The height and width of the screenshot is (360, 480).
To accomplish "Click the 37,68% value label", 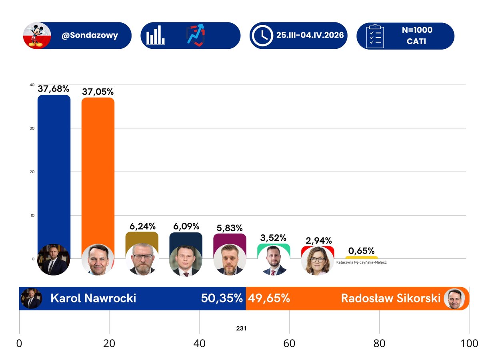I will point(54,89).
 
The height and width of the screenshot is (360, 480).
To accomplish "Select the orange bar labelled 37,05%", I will point(98,168).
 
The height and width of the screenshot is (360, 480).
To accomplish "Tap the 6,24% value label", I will point(142,226).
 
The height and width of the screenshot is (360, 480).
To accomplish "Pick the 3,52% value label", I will point(274,238).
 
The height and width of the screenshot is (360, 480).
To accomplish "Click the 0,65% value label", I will point(362,251).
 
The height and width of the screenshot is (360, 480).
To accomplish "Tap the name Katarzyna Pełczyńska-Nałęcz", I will point(362,262).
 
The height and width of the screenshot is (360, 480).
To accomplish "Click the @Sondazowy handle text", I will point(90,36).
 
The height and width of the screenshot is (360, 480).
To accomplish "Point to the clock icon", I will point(262,36).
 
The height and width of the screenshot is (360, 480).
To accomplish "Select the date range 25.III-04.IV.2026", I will point(310,36).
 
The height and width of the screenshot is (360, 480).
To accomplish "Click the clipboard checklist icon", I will point(375,36).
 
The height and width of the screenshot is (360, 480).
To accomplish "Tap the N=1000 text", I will point(417,30).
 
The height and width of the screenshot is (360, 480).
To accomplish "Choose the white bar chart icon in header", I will point(156,36).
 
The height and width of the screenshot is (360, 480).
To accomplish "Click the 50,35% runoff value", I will point(222,298).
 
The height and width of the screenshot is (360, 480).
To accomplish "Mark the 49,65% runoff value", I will point(269,298).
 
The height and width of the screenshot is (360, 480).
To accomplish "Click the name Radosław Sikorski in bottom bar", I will point(390,298).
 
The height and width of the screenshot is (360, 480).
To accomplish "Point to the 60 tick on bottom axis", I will point(289,344).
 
